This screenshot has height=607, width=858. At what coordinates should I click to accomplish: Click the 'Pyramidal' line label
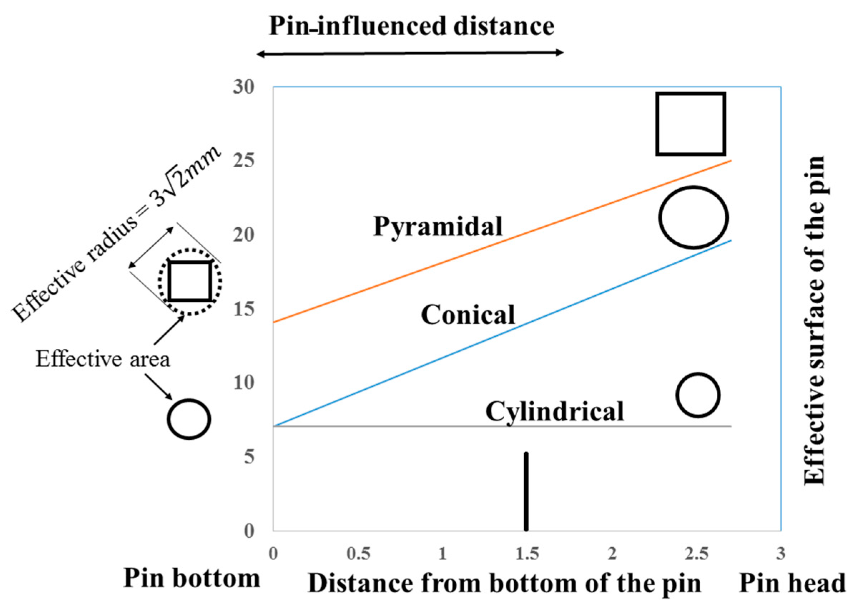[438, 227]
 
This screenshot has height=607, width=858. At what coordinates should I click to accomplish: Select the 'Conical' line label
[468, 315]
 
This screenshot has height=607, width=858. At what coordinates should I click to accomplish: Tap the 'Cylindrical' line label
[554, 411]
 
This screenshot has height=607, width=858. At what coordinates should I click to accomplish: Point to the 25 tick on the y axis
[244, 161]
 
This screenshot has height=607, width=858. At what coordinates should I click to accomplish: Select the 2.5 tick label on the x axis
[696, 553]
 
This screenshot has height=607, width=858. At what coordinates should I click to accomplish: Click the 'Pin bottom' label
[191, 579]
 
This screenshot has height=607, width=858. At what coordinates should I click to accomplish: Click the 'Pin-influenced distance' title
[411, 26]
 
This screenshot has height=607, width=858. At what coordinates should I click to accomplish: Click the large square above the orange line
[691, 124]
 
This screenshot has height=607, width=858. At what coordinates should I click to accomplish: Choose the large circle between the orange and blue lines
[693, 217]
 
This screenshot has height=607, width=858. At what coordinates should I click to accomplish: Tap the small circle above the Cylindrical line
[698, 395]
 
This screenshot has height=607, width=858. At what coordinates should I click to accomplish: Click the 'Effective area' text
[102, 359]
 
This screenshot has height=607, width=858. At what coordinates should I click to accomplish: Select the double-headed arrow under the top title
[410, 54]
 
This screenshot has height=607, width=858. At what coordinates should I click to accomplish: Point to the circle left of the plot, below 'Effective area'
[189, 419]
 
